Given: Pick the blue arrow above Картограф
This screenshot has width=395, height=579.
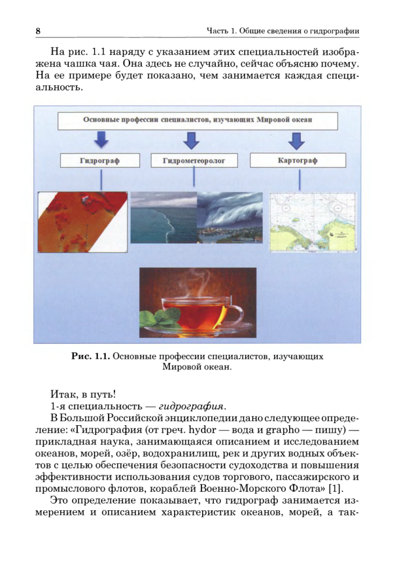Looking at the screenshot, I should point(298,140).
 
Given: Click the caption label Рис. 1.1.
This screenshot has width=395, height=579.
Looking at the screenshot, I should point(90,356).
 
